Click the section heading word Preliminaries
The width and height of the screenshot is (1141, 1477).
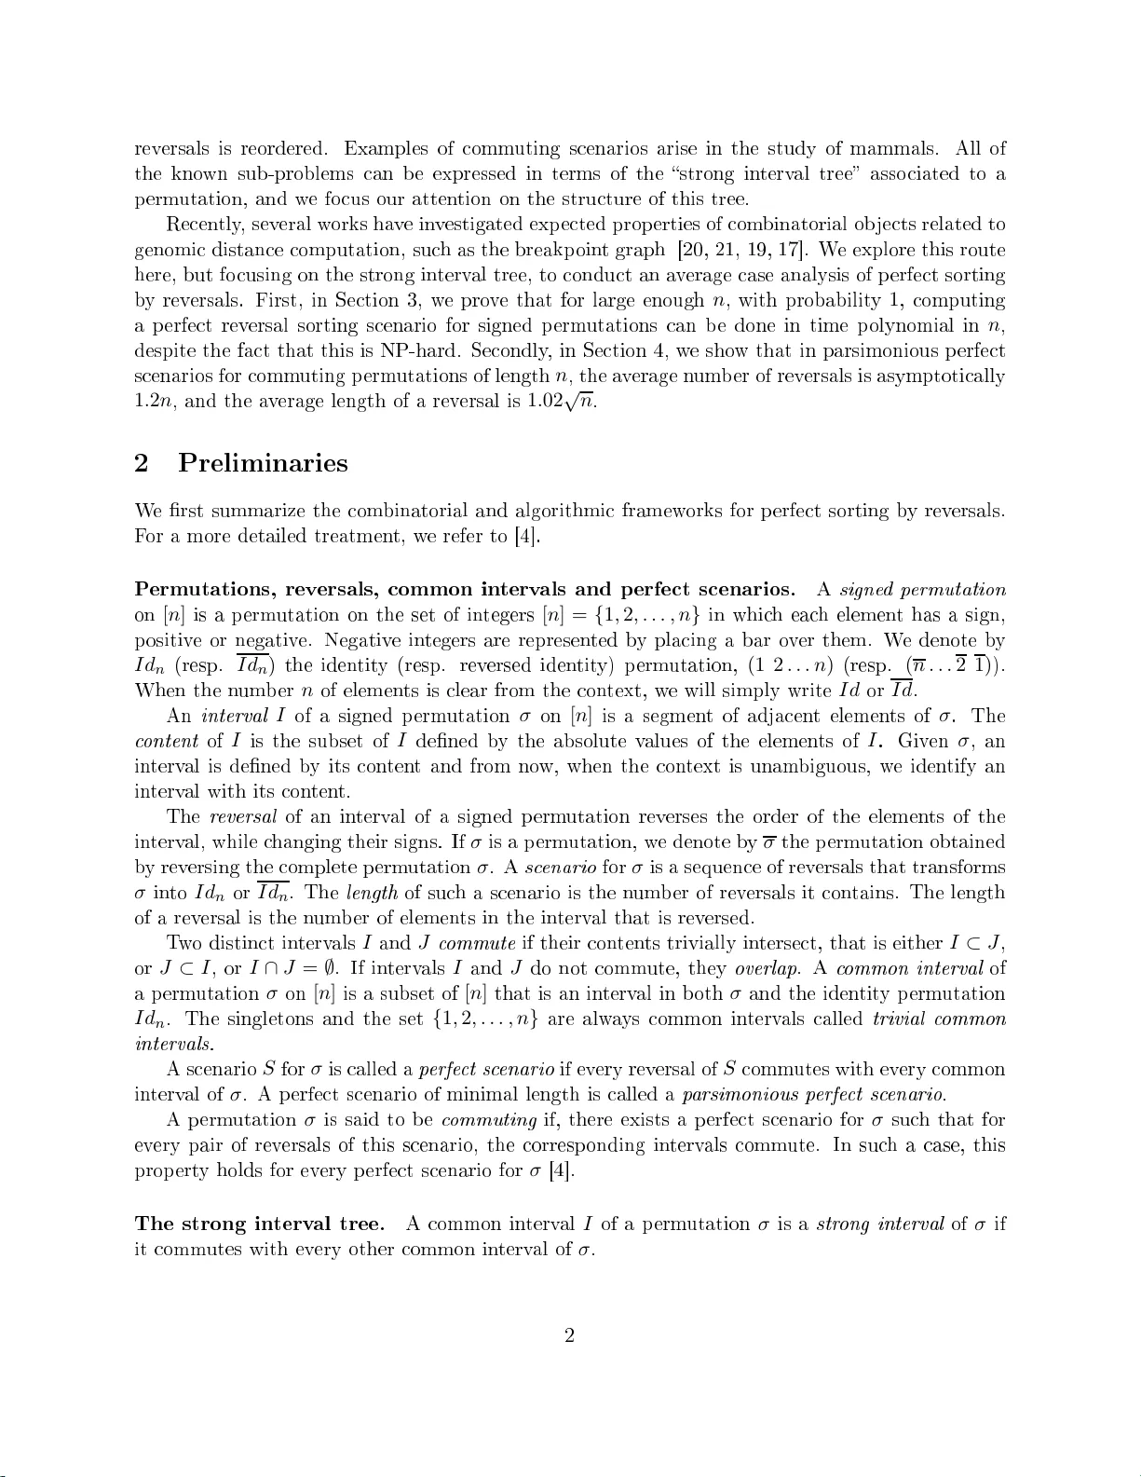tap(263, 463)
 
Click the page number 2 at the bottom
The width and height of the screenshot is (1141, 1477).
tap(569, 1335)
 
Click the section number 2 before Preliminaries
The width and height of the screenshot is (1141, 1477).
tap(143, 463)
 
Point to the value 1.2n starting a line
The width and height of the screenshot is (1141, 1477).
tap(152, 403)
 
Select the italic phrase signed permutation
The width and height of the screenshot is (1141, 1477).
tap(922, 590)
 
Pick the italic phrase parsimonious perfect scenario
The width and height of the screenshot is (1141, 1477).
tap(813, 1095)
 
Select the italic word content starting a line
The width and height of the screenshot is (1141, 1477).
tap(166, 742)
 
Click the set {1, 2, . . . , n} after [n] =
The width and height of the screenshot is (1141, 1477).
tap(647, 616)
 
